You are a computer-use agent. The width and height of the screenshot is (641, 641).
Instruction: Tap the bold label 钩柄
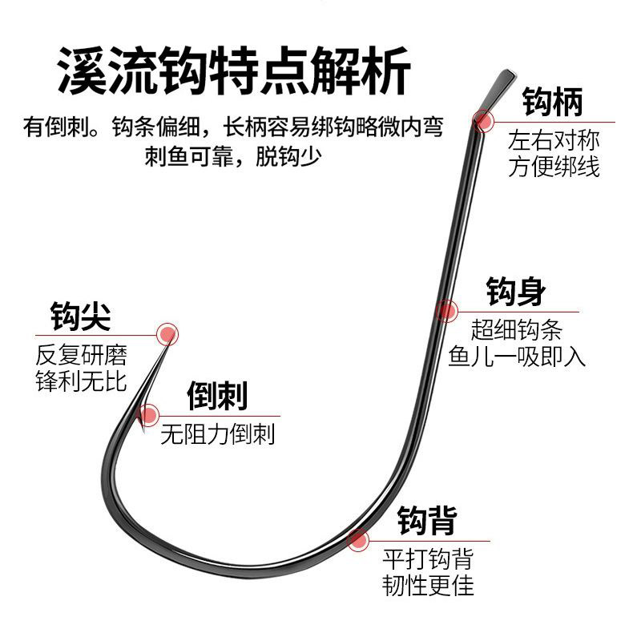[x=553, y=103]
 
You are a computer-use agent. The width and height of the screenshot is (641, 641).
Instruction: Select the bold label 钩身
[x=516, y=292]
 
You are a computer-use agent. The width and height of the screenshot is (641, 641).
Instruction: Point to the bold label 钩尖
[x=80, y=316]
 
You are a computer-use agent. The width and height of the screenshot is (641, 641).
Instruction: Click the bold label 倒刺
[x=216, y=396]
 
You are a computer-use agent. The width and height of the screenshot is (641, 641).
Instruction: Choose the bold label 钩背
[x=428, y=522]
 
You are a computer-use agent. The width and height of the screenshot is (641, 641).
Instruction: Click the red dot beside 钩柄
[x=483, y=122]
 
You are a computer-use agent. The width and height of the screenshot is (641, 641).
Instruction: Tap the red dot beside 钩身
[x=446, y=310]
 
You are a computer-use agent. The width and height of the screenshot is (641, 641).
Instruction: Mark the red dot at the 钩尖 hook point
[x=167, y=334]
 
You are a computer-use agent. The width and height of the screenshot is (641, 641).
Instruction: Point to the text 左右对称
[x=554, y=141]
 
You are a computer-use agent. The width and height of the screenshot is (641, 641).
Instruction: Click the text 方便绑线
[x=554, y=167]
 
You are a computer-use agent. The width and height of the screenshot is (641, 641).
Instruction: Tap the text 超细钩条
[x=517, y=329]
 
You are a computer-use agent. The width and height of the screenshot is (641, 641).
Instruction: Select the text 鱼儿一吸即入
[x=528, y=355]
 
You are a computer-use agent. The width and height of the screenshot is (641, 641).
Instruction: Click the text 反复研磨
[x=81, y=354]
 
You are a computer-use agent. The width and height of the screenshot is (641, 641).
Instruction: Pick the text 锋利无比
[x=81, y=380]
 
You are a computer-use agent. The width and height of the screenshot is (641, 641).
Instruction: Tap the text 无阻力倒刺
[x=217, y=434]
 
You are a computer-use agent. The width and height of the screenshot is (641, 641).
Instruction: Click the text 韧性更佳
[x=428, y=584]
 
